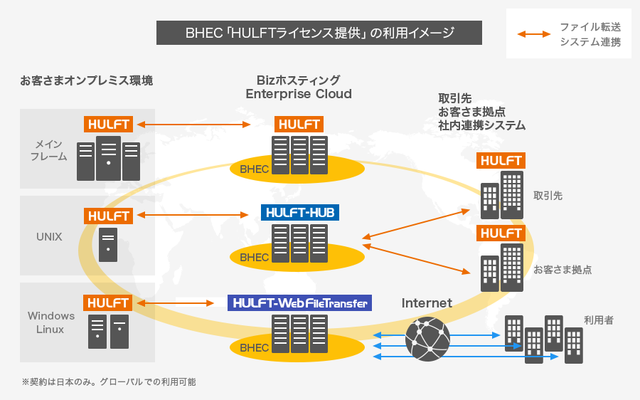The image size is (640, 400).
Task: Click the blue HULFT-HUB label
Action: (x=299, y=212)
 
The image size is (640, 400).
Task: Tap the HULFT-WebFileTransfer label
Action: (x=299, y=303)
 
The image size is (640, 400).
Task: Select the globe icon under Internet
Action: (x=427, y=339)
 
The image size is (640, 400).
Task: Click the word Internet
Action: (x=427, y=303)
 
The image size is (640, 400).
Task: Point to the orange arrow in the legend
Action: (x=534, y=34)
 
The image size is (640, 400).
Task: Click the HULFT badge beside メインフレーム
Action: (x=109, y=124)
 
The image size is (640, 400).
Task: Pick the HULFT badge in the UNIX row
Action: (x=109, y=216)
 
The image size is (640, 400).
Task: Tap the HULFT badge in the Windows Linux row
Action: (x=109, y=303)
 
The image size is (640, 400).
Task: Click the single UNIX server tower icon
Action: (x=108, y=245)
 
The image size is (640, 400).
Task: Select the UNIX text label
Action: (x=49, y=236)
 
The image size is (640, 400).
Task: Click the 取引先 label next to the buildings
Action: (x=548, y=195)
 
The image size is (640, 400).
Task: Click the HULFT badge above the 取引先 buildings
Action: (x=501, y=161)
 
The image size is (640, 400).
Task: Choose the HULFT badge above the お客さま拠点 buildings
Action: (x=501, y=233)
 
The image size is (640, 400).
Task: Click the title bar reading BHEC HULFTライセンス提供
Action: (x=319, y=33)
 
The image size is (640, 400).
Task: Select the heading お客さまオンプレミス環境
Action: (x=86, y=80)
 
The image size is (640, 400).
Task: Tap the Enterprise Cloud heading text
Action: (x=299, y=94)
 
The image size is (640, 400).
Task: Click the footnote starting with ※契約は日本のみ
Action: (x=109, y=382)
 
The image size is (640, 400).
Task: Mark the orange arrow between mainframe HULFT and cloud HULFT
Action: (x=194, y=125)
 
